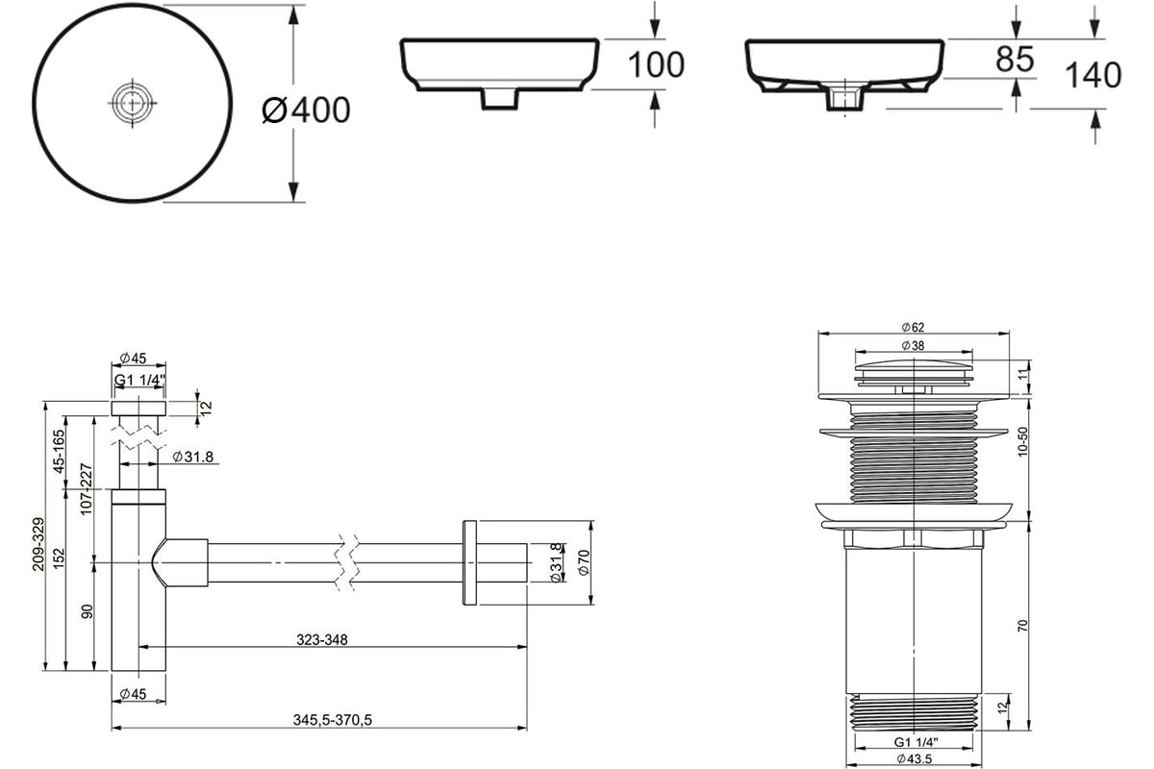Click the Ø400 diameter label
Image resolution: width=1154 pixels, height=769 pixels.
[x=306, y=110]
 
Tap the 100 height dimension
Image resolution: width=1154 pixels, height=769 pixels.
[x=656, y=65]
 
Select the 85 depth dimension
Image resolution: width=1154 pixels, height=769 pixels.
[x=1015, y=59]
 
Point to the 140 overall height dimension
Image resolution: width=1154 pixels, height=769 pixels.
[x=1092, y=75]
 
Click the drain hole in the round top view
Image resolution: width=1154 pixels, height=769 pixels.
[x=133, y=103]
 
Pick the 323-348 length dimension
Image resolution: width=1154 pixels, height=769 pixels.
[x=322, y=640]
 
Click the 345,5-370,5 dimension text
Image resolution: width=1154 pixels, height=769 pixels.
[x=333, y=720]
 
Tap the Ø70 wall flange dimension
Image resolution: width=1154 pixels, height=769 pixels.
[x=584, y=562]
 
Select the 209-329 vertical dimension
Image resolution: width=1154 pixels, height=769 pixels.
[x=38, y=544]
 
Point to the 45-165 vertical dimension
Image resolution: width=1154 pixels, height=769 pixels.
[x=60, y=451]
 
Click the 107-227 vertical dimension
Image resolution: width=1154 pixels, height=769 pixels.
[x=86, y=489]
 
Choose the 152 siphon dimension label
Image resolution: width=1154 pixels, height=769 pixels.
[x=60, y=558]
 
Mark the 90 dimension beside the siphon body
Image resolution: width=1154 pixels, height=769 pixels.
[x=88, y=611]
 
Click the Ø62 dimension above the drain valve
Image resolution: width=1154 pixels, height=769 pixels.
[x=913, y=327]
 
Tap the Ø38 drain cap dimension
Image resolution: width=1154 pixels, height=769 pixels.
[x=913, y=345]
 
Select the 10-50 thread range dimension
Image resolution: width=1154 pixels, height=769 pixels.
[x=1022, y=441]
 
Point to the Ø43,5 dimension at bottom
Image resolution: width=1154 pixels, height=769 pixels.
[x=914, y=758]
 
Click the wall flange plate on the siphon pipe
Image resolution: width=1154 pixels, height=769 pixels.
[x=470, y=562]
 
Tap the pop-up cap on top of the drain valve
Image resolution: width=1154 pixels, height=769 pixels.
[x=914, y=370]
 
